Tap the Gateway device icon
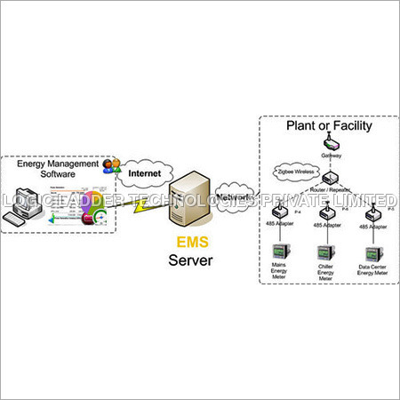[331, 146]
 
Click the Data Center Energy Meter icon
[374, 246]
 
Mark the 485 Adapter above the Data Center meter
[374, 212]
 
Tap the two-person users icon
[110, 165]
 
